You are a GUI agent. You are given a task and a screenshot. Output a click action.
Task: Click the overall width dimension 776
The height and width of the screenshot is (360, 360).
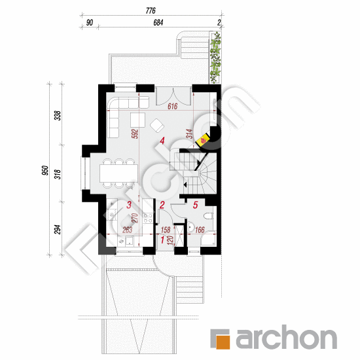(151, 10)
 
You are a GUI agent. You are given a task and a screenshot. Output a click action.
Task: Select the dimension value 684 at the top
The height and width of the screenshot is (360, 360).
(158, 22)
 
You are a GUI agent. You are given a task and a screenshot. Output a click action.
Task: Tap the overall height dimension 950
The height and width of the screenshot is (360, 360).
(46, 170)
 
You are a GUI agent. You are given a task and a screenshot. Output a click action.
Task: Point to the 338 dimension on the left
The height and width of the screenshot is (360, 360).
(58, 115)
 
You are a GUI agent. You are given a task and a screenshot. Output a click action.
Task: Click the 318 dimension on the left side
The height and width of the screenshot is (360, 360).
(58, 174)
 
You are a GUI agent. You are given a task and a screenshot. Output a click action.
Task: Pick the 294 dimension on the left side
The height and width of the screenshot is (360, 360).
(58, 229)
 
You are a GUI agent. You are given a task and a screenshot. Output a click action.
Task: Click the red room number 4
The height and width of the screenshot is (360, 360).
(162, 141)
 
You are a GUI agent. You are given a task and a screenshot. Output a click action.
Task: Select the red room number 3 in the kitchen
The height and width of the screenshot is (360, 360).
(129, 205)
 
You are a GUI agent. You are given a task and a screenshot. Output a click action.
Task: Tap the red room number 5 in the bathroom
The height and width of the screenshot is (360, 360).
(196, 205)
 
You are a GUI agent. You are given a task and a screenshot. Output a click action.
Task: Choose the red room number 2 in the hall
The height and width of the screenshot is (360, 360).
(162, 205)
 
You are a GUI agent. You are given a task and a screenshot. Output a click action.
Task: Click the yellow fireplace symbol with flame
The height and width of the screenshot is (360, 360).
(202, 141)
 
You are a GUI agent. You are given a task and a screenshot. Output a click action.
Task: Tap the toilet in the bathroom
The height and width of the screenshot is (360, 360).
(208, 216)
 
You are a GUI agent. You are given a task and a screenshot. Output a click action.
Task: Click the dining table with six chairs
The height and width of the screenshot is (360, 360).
(118, 173)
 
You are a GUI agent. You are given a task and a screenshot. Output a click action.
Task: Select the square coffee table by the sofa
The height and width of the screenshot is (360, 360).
(137, 120)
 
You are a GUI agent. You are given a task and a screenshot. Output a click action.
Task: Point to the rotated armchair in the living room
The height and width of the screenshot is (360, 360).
(157, 125)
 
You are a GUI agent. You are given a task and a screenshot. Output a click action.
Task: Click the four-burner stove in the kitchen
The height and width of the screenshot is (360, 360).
(148, 218)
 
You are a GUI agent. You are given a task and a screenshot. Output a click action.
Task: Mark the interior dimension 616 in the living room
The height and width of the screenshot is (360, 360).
(172, 106)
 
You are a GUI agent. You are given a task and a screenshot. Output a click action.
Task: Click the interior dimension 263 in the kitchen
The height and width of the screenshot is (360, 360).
(128, 230)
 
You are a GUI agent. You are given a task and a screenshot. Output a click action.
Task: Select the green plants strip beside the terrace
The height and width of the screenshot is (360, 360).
(215, 58)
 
